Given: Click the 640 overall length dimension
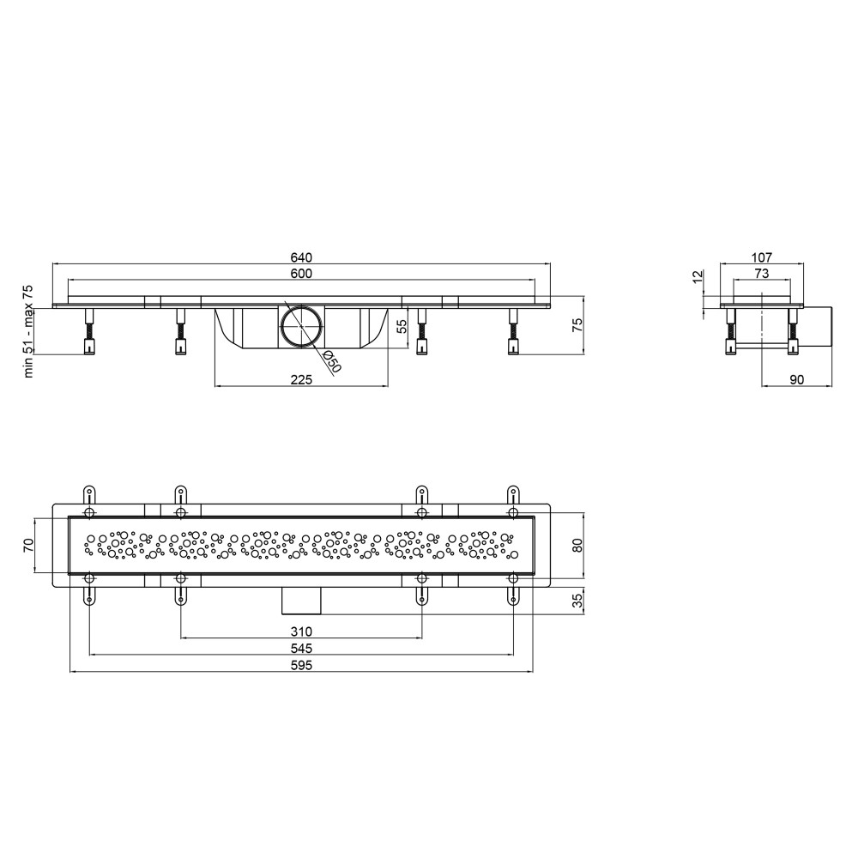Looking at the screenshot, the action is [x=301, y=257].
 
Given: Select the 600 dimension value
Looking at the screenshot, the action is [x=301, y=274].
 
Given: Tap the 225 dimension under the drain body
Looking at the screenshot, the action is [x=301, y=380].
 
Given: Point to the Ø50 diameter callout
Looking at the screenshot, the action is [x=331, y=362].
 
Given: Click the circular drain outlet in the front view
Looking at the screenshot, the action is [x=301, y=325].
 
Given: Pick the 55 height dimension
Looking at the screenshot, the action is [x=402, y=327].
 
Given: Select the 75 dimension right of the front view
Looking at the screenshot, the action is [x=577, y=325].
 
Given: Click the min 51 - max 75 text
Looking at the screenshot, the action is [x=28, y=331].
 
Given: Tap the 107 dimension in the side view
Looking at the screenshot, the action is [x=762, y=257].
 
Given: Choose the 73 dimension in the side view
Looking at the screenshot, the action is [x=762, y=273].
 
